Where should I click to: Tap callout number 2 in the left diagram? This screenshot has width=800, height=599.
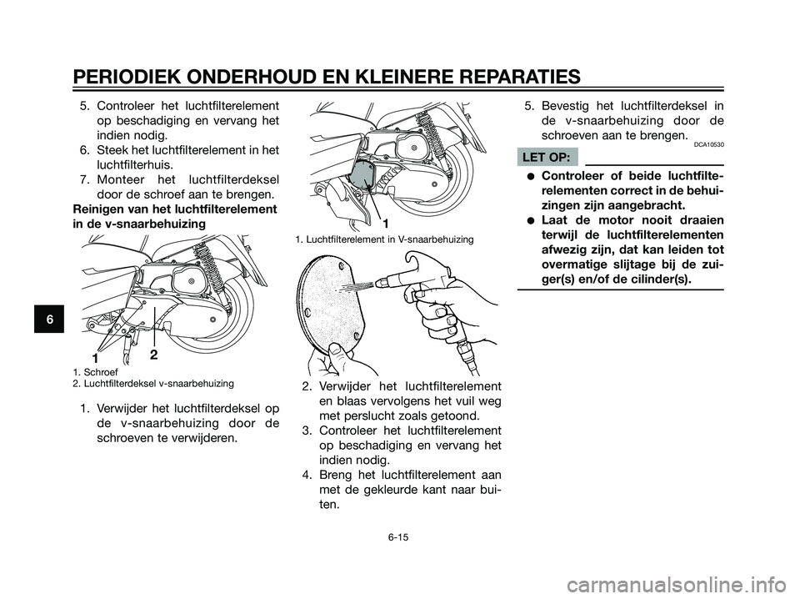153,355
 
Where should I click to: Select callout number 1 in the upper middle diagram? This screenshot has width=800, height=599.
386,224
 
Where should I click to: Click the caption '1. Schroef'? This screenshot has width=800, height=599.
96,372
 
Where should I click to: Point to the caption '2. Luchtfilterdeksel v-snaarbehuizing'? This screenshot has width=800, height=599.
152,383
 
